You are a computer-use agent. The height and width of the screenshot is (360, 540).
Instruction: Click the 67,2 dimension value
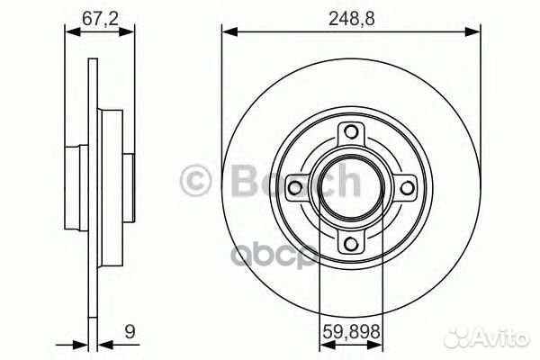pyautogui.click(x=100, y=18)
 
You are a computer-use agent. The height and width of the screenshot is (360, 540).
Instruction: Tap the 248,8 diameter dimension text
pyautogui.click(x=351, y=19)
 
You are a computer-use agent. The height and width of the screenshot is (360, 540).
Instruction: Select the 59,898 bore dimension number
pyautogui.click(x=351, y=332)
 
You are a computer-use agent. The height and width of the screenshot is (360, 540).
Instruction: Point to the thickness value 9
pyautogui.click(x=130, y=332)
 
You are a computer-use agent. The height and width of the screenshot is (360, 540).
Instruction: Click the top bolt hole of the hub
pyautogui.click(x=351, y=131)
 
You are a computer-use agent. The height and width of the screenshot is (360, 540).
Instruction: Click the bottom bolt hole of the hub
pyautogui.click(x=351, y=244)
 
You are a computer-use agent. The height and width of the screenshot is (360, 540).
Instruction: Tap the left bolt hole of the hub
pyautogui.click(x=294, y=188)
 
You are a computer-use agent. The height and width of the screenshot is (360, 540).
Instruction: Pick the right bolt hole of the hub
pyautogui.click(x=407, y=188)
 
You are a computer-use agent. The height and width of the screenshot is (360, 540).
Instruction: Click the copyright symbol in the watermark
pyautogui.click(x=195, y=181)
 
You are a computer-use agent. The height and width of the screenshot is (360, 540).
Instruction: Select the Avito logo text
pyautogui.click(x=501, y=337)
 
